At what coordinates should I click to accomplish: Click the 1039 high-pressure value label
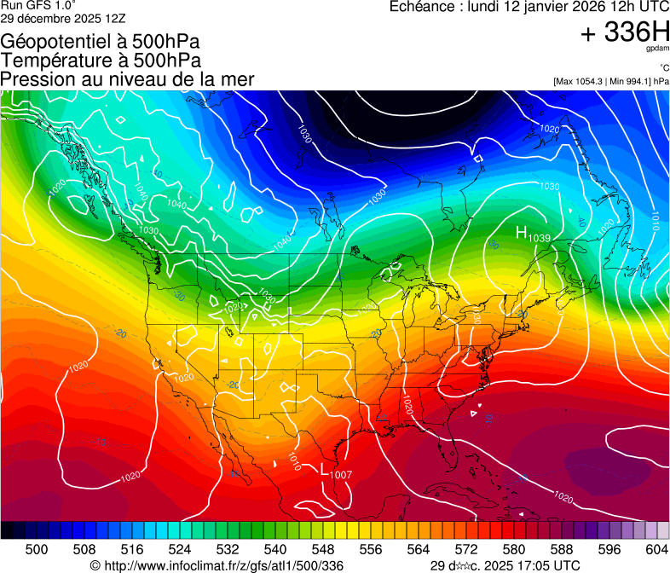point(540,238)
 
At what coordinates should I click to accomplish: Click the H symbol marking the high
point(522,232)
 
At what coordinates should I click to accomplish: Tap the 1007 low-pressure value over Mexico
point(341,474)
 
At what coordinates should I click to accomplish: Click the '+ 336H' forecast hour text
point(625,33)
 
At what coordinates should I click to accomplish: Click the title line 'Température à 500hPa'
point(101,61)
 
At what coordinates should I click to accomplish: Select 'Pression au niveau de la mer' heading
point(127,79)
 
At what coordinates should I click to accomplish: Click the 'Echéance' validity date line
point(528,7)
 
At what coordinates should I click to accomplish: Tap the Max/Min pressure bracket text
point(610,81)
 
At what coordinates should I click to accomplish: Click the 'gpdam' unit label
point(658,50)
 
